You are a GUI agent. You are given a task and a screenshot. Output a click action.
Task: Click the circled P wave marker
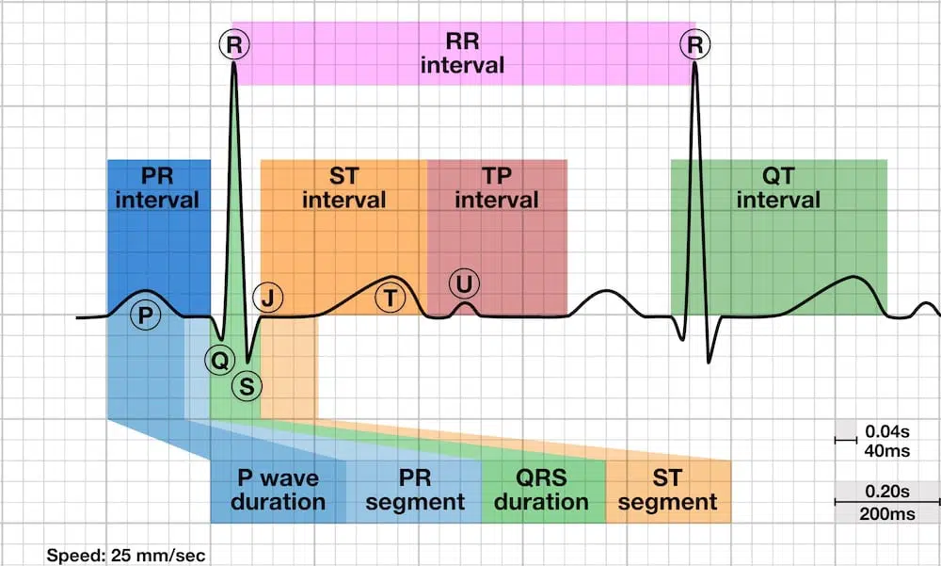[x=143, y=315]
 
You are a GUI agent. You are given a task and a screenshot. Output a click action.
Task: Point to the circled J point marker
[x=269, y=299]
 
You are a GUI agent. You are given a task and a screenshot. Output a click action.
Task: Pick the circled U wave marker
[x=463, y=283]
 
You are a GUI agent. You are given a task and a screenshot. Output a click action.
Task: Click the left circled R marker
[x=233, y=43]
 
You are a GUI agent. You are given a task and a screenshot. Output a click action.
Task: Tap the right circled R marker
[x=696, y=43]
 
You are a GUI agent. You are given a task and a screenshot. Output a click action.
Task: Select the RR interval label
[x=462, y=53]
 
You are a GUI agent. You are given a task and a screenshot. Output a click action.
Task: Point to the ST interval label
[x=343, y=187]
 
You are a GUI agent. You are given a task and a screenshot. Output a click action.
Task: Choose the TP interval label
[x=496, y=187]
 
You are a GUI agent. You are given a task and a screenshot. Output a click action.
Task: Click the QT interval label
[x=778, y=187]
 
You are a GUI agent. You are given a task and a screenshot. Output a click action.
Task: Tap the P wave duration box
[x=278, y=490]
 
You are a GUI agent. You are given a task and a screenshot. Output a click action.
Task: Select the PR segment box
[x=414, y=490]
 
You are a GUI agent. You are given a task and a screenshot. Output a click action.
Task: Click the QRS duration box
[x=541, y=490]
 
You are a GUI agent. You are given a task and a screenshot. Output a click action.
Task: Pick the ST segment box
[x=667, y=490]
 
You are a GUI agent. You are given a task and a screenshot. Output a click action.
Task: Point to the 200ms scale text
[x=885, y=513]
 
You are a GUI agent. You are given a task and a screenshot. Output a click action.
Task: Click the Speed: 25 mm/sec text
[x=125, y=555]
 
